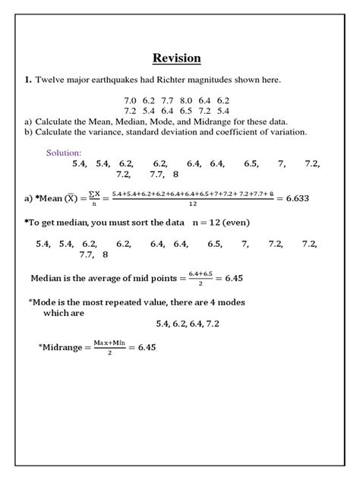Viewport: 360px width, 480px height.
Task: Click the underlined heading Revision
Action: coord(176,58)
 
